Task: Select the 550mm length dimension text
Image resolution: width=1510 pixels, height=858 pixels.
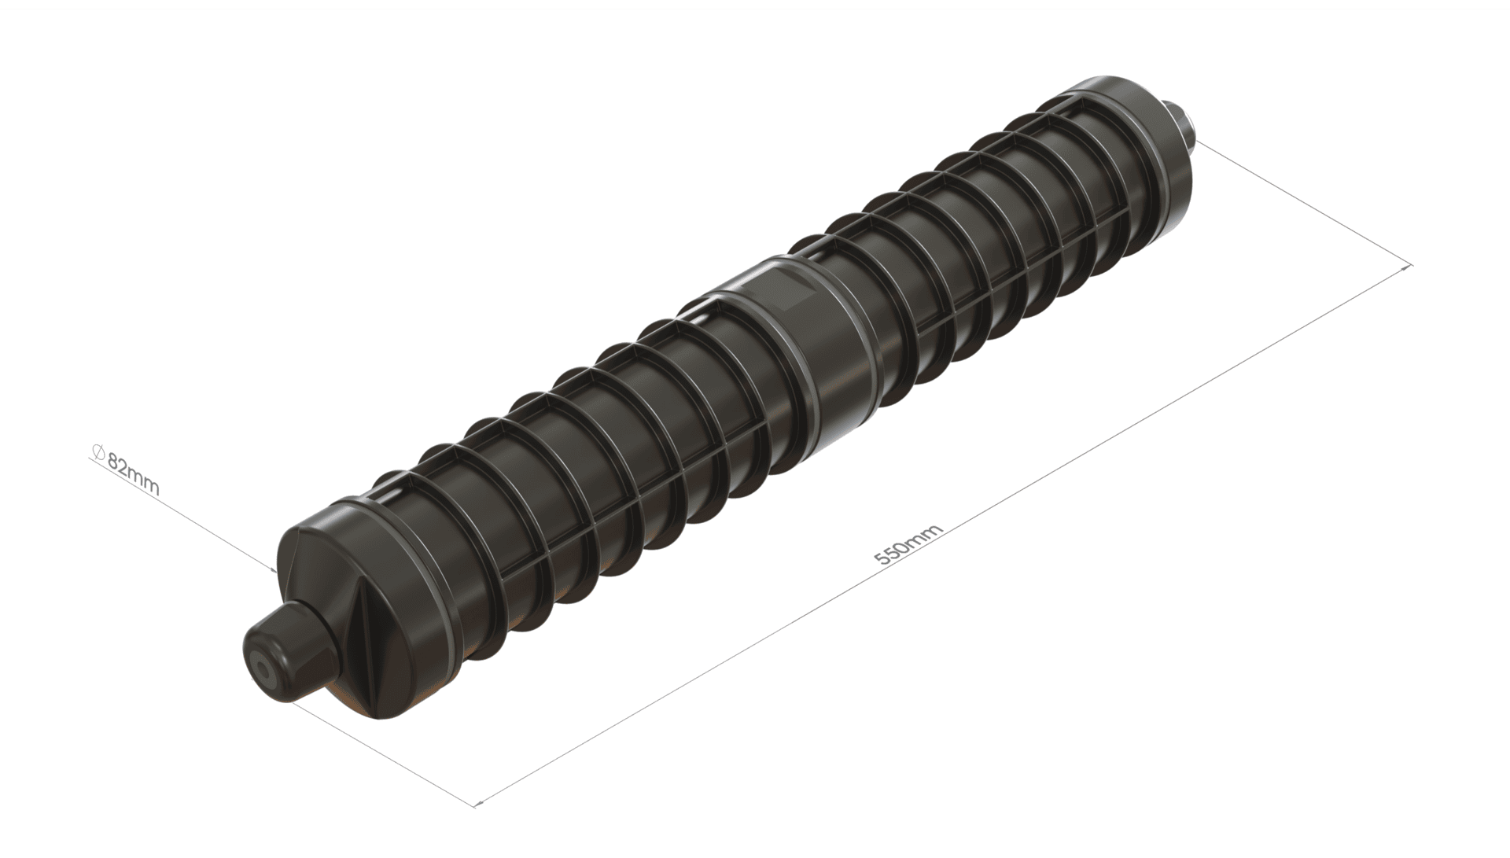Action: tap(909, 545)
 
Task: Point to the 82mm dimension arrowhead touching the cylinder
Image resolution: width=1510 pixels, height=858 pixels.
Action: tap(271, 569)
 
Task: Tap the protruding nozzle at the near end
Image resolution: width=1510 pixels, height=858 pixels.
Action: tap(292, 645)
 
